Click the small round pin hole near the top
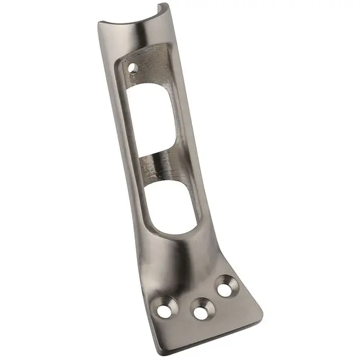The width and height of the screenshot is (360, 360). pos(131,67)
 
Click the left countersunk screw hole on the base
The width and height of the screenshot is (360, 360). pos(164,310)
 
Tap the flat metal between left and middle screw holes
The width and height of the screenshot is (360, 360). pos(183,312)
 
